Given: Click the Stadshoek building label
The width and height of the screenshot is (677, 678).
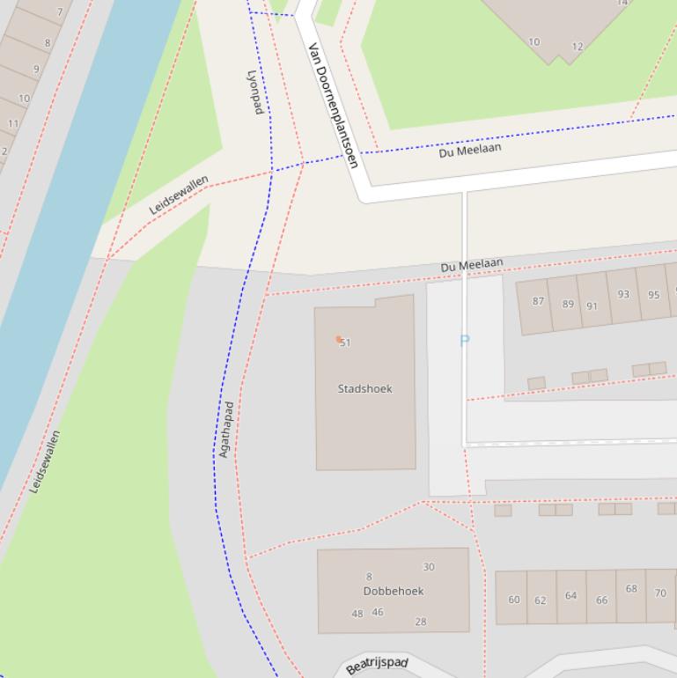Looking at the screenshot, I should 364,388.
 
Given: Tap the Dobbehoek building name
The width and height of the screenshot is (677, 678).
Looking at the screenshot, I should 394,591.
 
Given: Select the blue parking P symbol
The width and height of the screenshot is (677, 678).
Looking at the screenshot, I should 465,340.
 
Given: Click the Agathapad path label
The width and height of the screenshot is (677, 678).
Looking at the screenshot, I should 226,430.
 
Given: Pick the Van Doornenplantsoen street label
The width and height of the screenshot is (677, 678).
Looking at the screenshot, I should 333,104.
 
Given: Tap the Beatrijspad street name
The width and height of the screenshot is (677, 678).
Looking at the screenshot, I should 377,666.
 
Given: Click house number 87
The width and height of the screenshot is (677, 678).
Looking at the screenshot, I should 538,300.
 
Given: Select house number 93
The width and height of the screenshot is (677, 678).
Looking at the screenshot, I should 623,294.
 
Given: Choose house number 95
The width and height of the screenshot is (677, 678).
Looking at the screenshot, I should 653,295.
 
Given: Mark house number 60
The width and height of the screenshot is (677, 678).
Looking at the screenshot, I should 514,600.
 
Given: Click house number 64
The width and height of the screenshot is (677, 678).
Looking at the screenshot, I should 570,595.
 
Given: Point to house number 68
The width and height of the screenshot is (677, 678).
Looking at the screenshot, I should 631,588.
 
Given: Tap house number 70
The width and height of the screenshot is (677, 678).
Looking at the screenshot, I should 660,593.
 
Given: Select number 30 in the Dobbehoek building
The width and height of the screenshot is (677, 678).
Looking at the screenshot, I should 429,567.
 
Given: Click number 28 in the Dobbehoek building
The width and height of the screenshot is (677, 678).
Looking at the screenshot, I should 421,622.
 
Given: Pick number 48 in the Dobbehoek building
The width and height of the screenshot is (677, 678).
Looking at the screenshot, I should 357,614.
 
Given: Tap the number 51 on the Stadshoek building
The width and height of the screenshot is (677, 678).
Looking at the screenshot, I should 346,343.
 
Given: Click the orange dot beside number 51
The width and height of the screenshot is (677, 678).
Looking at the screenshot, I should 338,339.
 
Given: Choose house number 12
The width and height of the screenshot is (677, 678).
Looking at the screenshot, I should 578,47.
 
